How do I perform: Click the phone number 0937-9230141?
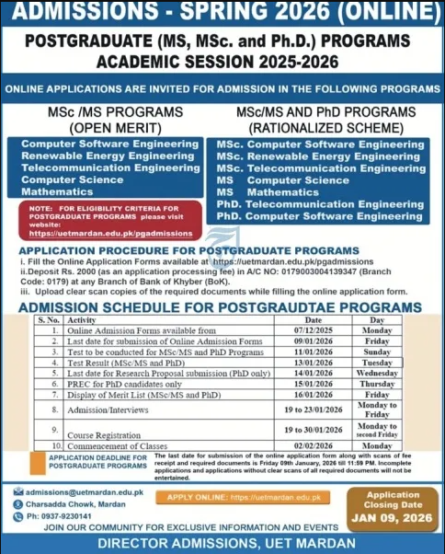coord(64,515)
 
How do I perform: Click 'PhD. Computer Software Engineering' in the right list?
coord(320,215)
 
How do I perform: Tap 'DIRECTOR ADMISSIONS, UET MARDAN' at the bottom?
coord(222,543)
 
